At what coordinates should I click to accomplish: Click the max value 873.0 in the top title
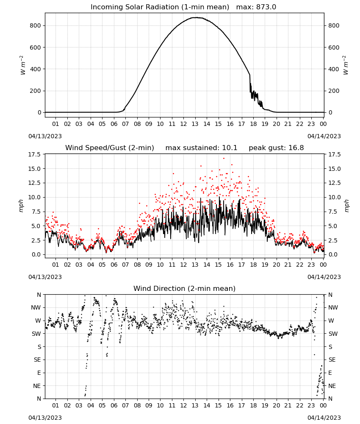[x=266, y=7]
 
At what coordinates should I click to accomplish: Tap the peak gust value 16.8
[x=296, y=148]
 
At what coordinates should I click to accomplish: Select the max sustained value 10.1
[x=230, y=148]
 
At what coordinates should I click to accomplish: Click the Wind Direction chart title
[x=185, y=288]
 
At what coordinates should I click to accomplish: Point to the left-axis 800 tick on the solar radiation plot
[x=36, y=25]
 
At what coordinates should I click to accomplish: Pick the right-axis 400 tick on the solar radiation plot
[x=334, y=69]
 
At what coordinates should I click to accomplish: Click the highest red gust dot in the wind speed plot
[x=224, y=159]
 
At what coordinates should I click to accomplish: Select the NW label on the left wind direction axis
[x=36, y=307]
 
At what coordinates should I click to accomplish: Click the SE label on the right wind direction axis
[x=332, y=360]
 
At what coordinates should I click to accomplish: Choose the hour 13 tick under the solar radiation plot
[x=195, y=124]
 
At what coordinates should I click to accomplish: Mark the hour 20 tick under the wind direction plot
[x=276, y=405]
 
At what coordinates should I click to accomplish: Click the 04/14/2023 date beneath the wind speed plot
[x=324, y=277]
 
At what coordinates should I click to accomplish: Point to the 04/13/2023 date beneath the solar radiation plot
[x=45, y=136]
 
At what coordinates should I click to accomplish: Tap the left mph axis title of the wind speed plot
[x=21, y=206]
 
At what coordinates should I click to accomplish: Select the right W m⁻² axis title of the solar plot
[x=346, y=65]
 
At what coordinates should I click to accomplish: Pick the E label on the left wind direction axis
[x=39, y=373]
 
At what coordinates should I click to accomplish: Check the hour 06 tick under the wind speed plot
[x=114, y=265]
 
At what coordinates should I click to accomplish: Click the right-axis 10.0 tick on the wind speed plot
[x=334, y=197]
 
